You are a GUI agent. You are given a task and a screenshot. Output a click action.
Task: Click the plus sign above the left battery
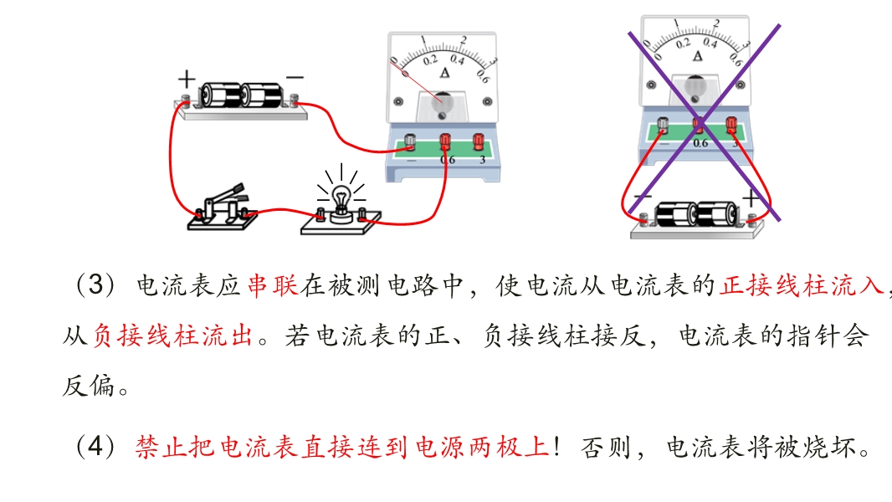click(x=187, y=79)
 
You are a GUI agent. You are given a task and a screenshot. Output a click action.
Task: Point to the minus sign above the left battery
click(x=295, y=77)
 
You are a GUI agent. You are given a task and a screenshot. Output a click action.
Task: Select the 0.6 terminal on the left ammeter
click(x=445, y=142)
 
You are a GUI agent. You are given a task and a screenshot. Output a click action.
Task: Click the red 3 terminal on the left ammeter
click(x=479, y=142)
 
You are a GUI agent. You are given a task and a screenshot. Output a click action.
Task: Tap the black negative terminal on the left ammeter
click(x=409, y=142)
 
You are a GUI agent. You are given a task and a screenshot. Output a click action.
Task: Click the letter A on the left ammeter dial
click(x=444, y=73)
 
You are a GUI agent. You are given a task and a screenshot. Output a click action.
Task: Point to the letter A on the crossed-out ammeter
click(x=697, y=56)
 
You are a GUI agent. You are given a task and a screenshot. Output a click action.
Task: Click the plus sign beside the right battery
click(x=751, y=197)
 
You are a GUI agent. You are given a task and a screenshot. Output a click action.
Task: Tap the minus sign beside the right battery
click(x=643, y=197)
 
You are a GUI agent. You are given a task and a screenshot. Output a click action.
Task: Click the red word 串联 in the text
click(x=273, y=285)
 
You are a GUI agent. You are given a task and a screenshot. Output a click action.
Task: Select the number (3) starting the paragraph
click(x=95, y=284)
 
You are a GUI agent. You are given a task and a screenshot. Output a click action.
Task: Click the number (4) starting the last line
click(x=95, y=446)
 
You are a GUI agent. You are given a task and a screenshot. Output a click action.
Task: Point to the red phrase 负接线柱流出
click(x=172, y=336)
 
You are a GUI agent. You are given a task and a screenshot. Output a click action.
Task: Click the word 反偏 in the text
click(x=89, y=386)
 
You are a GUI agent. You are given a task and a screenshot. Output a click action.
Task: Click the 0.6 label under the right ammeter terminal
click(x=700, y=143)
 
